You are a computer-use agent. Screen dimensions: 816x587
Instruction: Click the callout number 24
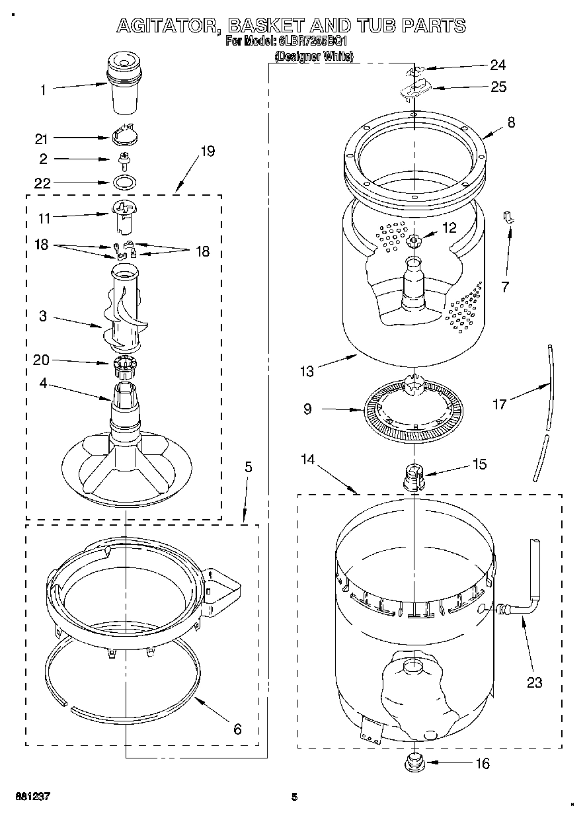[497, 65]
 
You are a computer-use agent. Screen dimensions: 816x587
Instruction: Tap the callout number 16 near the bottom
[483, 764]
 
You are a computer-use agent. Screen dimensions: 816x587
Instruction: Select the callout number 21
[42, 138]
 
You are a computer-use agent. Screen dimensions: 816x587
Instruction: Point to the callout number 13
[307, 372]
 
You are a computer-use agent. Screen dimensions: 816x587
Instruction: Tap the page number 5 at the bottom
[295, 797]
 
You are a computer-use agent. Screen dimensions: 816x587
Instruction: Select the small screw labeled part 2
[122, 159]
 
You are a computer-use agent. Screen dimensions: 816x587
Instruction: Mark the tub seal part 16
[414, 761]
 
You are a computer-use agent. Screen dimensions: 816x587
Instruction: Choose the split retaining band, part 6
[132, 688]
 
